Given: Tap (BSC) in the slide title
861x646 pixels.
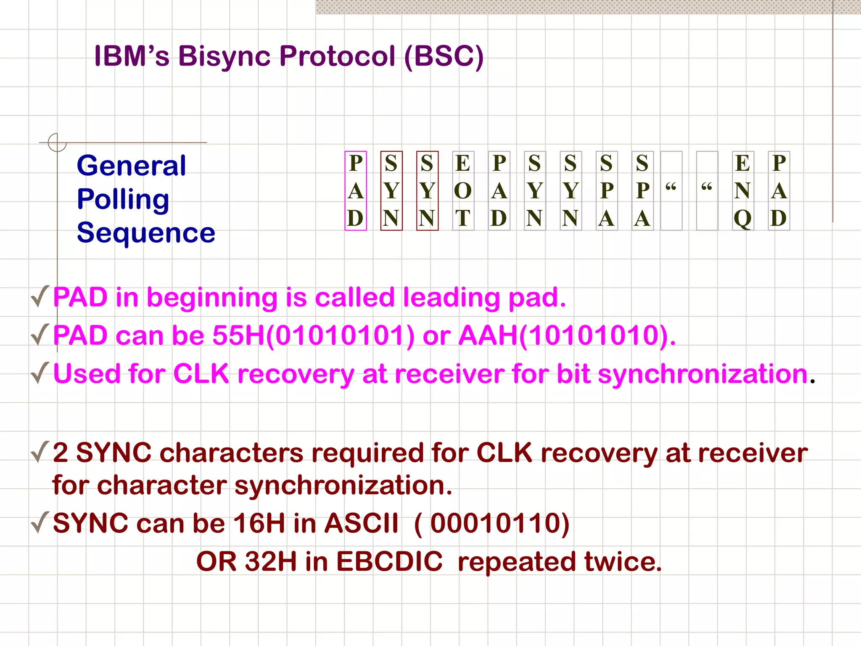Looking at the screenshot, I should click(444, 56).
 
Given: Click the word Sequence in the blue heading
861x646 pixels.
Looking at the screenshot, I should click(146, 233).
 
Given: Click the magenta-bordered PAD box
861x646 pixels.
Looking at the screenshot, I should click(356, 191).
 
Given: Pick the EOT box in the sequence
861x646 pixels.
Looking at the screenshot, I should click(463, 191).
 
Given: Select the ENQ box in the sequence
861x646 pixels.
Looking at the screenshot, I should click(742, 191).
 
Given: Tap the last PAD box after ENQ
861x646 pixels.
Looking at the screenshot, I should click(779, 191).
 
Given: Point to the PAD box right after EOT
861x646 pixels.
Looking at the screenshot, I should click(499, 191).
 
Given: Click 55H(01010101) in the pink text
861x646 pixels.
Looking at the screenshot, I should click(313, 336).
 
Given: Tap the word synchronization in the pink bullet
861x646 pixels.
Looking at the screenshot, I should click(703, 374).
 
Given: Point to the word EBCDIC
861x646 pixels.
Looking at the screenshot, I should click(389, 561).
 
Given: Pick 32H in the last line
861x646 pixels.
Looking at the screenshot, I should click(271, 561).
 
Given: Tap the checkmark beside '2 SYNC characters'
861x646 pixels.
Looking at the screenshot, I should click(40, 452).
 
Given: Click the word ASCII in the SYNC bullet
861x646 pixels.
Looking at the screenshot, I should click(362, 524).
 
